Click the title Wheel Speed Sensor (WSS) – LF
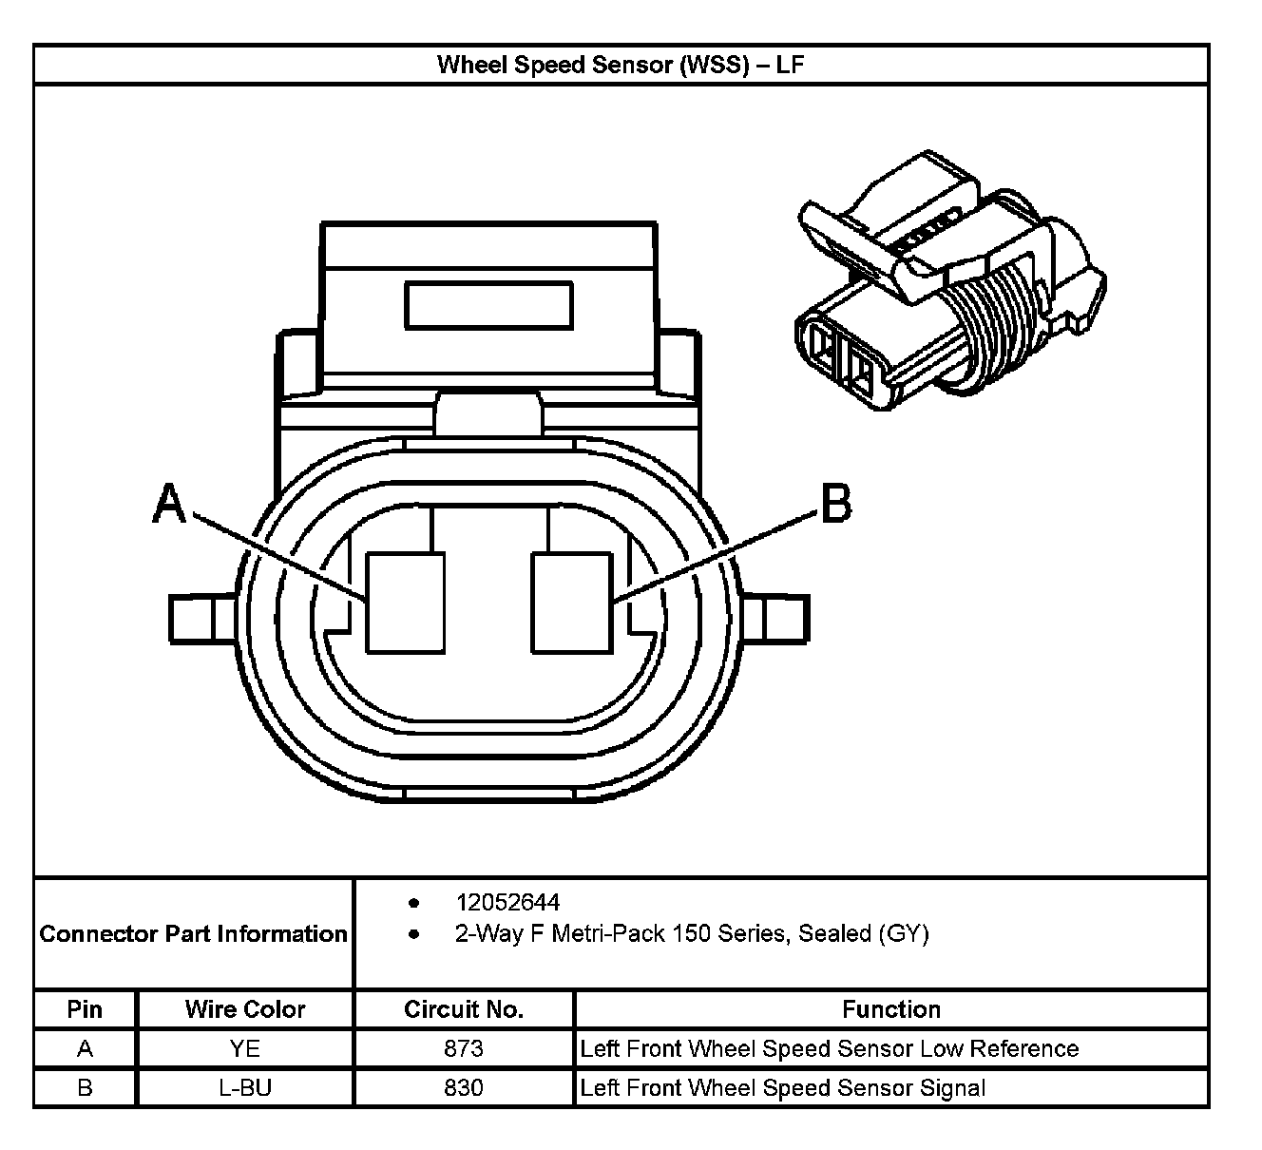tap(621, 65)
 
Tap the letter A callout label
tap(169, 504)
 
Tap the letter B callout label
tap(835, 503)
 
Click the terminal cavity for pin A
tap(406, 604)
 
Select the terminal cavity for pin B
tap(570, 604)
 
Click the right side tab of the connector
tap(775, 619)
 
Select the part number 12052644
tap(507, 902)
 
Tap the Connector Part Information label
tap(194, 933)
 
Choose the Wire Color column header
tap(245, 1009)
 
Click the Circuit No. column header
tap(464, 1009)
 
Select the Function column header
tap(891, 1009)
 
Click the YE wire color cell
tap(245, 1048)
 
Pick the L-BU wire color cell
tap(245, 1087)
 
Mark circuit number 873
tap(464, 1048)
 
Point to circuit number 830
tap(464, 1087)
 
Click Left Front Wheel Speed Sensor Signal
tap(783, 1087)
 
